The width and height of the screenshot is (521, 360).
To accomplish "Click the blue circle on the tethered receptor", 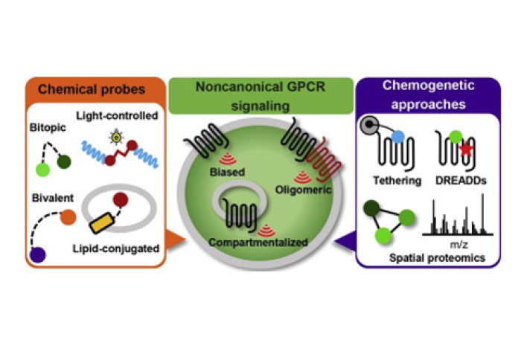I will point(398,138).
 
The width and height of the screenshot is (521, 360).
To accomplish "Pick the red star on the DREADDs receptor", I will point(465,151).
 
